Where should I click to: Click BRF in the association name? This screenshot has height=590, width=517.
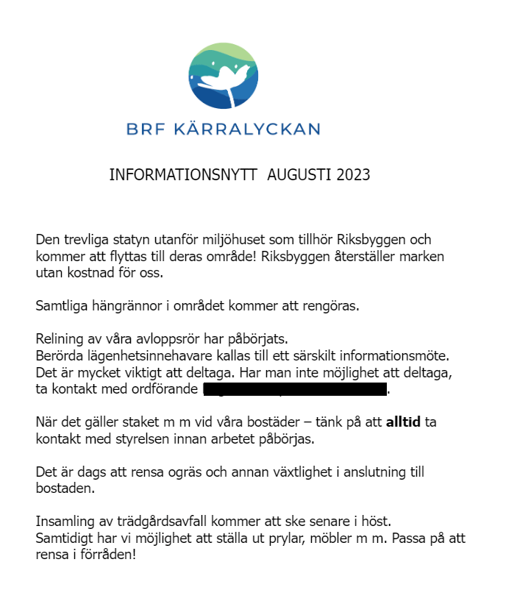pos(146,129)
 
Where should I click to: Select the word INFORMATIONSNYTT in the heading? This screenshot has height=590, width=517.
pos(183,175)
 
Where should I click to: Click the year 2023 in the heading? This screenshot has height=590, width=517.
pos(351,175)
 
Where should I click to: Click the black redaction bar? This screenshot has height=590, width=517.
pos(294,389)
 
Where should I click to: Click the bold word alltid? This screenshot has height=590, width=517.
pos(403,423)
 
